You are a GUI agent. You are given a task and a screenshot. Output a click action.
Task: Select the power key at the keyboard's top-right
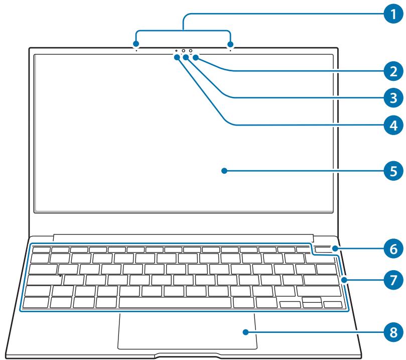tap(327, 249)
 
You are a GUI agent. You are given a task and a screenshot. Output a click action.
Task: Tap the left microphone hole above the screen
tap(137, 50)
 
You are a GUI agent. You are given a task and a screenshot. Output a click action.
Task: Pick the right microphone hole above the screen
tap(230, 50)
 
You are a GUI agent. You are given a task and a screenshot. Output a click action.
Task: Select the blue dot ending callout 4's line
tap(178, 57)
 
